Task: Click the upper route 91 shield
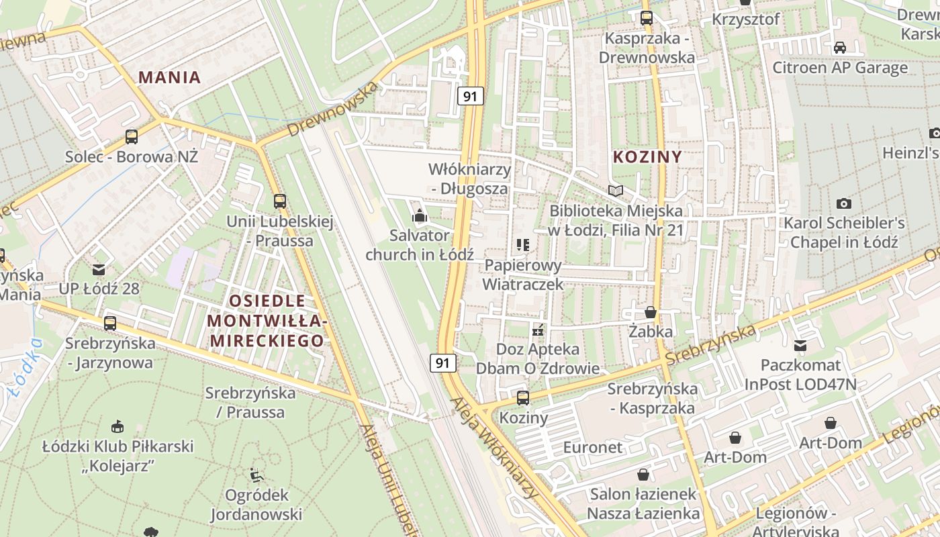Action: (x=470, y=96)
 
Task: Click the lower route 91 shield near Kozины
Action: (x=442, y=363)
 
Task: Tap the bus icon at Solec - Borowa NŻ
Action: (x=132, y=137)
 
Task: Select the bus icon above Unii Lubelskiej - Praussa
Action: (x=280, y=201)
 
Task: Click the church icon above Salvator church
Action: (x=420, y=215)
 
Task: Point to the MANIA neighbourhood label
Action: (x=170, y=77)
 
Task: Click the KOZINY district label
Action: (x=647, y=157)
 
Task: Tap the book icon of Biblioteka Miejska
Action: (x=616, y=191)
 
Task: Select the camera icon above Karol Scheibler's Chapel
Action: (x=844, y=203)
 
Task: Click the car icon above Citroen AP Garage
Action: (x=839, y=48)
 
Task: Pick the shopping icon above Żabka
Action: (x=650, y=312)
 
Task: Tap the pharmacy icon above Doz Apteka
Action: (x=537, y=330)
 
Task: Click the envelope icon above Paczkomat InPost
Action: (x=800, y=346)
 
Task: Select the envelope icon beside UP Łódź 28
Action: (x=99, y=269)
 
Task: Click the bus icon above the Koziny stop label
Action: (x=523, y=397)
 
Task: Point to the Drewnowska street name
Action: (x=332, y=109)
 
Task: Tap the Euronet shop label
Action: (x=593, y=447)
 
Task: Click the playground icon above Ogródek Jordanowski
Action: (x=256, y=475)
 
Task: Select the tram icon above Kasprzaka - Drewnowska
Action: (x=647, y=18)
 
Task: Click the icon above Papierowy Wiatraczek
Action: (x=523, y=245)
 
